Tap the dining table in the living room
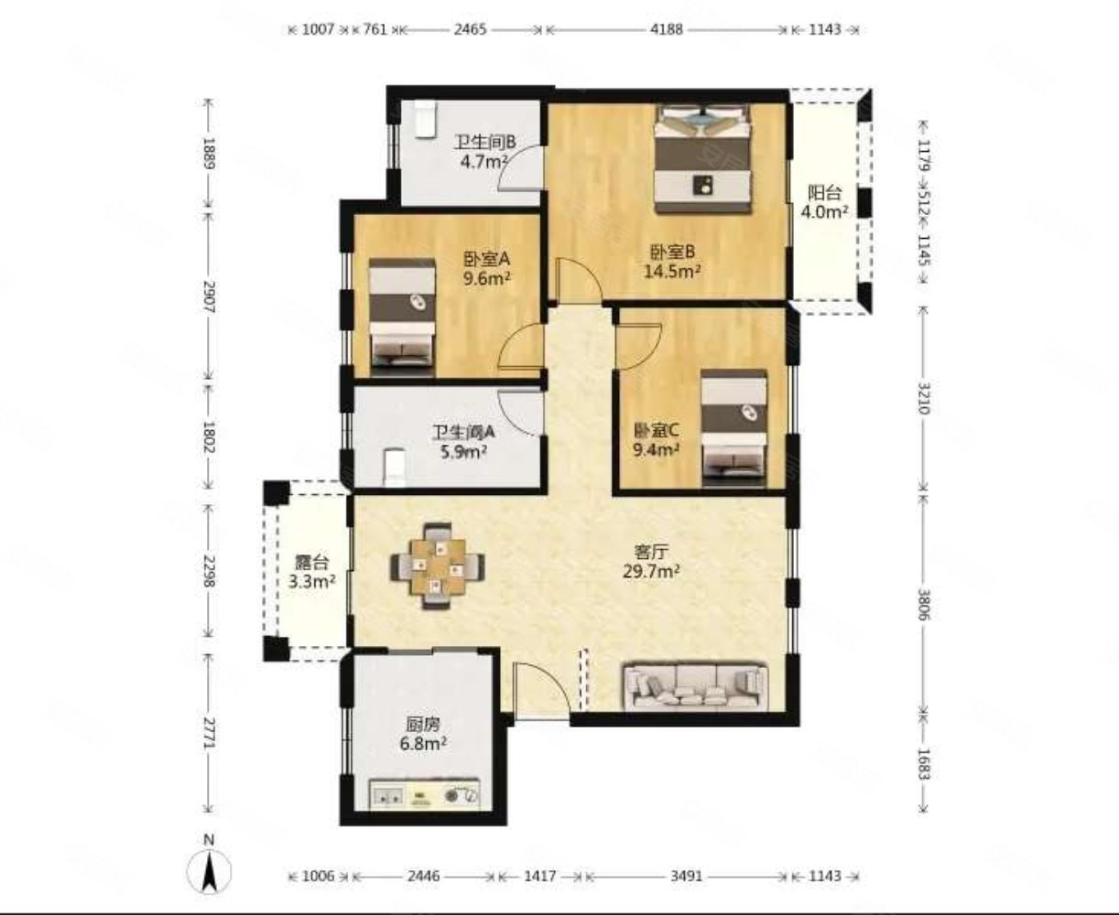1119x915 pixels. (x=438, y=566)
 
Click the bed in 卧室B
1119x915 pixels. (x=703, y=159)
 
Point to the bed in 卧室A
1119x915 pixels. (x=402, y=312)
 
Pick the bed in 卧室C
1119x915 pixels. (x=733, y=428)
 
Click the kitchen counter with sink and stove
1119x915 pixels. (x=425, y=793)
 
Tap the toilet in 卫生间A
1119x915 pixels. (x=394, y=468)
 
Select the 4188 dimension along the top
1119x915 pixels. (x=667, y=29)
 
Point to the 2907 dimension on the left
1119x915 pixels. (x=210, y=296)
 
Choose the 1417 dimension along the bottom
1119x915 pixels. (x=540, y=876)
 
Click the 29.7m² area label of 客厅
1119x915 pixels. (x=652, y=570)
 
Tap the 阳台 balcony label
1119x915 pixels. (x=824, y=192)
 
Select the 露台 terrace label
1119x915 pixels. (x=311, y=563)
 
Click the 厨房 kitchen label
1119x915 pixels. (x=423, y=724)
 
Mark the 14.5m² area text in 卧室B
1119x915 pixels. (x=673, y=272)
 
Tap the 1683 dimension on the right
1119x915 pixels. (x=924, y=763)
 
